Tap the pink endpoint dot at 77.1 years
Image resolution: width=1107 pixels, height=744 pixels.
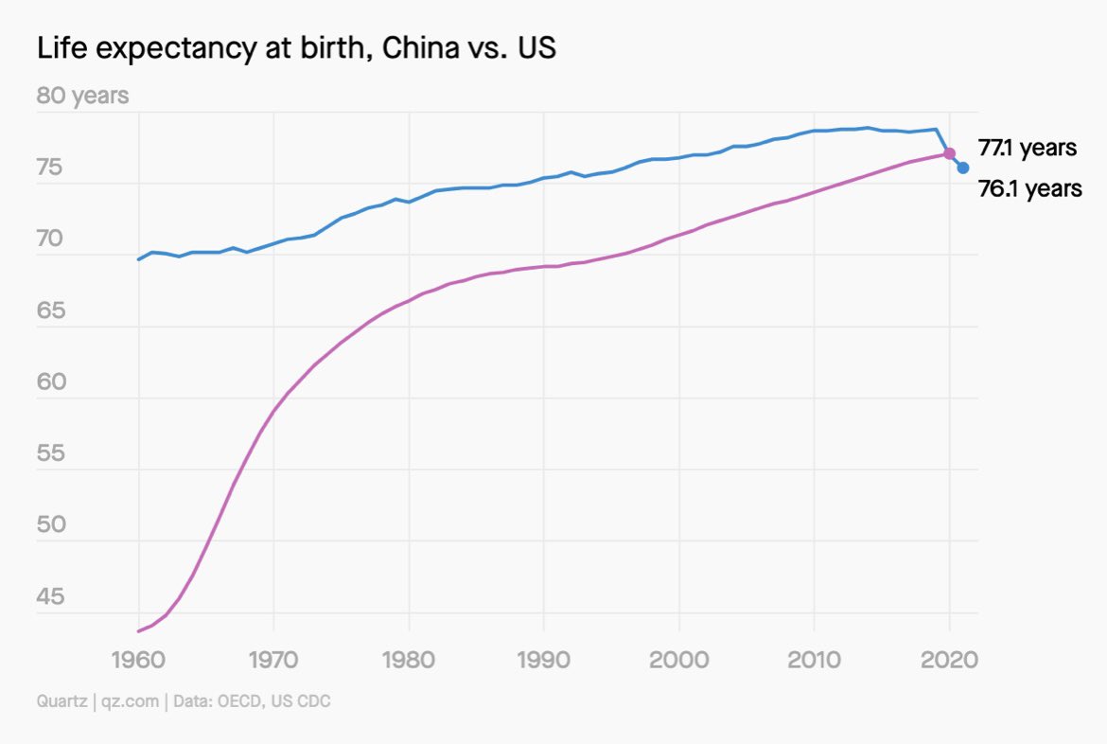point(949,153)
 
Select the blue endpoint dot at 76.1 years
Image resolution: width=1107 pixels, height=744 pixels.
point(963,168)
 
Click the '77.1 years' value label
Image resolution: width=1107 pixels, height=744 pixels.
point(1027,149)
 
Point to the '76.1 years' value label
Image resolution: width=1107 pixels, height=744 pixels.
point(1029,189)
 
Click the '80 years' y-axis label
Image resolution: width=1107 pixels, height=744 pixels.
point(82,96)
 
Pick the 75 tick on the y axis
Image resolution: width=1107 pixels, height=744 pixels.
point(49,169)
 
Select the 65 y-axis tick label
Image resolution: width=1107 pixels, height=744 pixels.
point(49,311)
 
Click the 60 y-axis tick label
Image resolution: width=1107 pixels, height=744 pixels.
point(49,383)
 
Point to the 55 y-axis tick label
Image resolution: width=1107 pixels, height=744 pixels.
point(49,454)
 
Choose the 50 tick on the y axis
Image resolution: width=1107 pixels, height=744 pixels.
point(49,526)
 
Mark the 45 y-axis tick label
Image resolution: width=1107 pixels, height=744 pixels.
point(49,597)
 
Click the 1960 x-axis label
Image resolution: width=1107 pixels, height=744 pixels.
point(139,658)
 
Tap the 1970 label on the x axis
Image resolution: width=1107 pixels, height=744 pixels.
point(273,658)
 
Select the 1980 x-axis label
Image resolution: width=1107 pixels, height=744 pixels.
point(409,658)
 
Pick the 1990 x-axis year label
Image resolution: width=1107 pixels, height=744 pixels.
point(544,658)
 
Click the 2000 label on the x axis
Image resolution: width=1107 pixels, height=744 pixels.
point(679,658)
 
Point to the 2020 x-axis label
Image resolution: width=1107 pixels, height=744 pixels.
point(949,658)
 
